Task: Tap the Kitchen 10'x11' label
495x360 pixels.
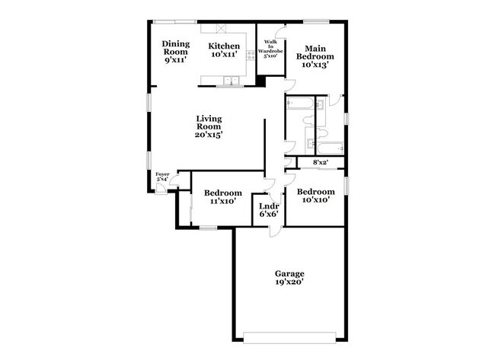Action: pyautogui.click(x=225, y=50)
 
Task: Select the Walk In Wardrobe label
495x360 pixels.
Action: pyautogui.click(x=270, y=49)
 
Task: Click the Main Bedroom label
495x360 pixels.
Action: pyautogui.click(x=315, y=56)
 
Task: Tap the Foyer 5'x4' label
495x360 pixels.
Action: pyautogui.click(x=162, y=177)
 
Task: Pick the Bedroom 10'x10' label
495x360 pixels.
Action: pyautogui.click(x=315, y=196)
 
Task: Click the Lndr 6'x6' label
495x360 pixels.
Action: pyautogui.click(x=268, y=210)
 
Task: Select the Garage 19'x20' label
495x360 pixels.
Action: pyautogui.click(x=289, y=277)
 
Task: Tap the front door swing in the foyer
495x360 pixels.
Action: pyautogui.click(x=174, y=183)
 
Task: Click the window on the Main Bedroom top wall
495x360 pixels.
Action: pyautogui.click(x=315, y=21)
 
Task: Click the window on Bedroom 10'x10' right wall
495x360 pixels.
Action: pyautogui.click(x=346, y=185)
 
